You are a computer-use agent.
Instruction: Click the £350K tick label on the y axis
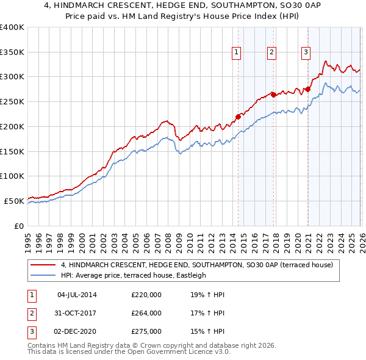(12, 52)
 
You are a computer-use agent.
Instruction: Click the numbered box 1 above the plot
(236, 52)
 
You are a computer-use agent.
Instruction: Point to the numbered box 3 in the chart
(305, 52)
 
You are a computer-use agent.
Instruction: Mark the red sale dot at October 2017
(273, 95)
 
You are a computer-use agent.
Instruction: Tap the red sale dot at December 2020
(308, 90)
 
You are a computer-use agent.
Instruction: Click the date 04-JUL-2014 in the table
(77, 295)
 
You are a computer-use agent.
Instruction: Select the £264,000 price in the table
(146, 313)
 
